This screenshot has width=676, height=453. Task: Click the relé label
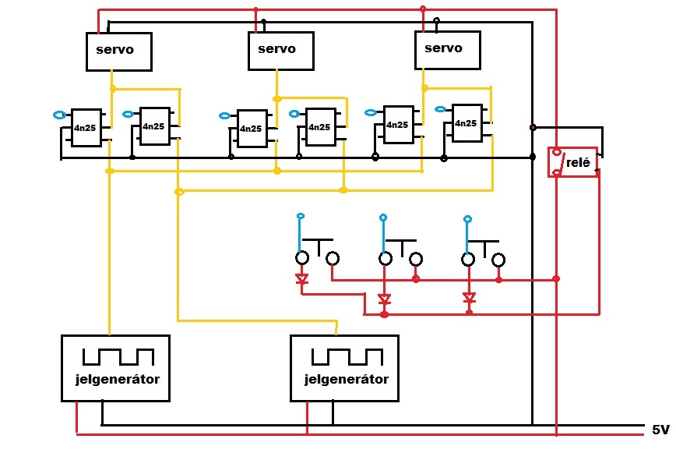pos(578,163)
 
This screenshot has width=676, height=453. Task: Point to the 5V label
pos(660,430)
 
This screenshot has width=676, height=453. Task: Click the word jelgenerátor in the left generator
pos(118,379)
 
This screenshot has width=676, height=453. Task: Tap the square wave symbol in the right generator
pos(347,357)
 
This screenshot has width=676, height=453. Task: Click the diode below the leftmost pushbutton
pos(302,278)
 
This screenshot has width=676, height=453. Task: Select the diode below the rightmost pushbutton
pos(469,298)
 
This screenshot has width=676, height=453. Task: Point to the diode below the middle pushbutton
pos(384,299)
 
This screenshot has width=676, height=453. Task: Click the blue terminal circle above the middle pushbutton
pos(383,218)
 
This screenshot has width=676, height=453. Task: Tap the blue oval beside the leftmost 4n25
pos(59,115)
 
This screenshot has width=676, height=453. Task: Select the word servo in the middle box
pos(276,49)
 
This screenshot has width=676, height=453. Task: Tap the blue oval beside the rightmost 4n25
pos(440,109)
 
